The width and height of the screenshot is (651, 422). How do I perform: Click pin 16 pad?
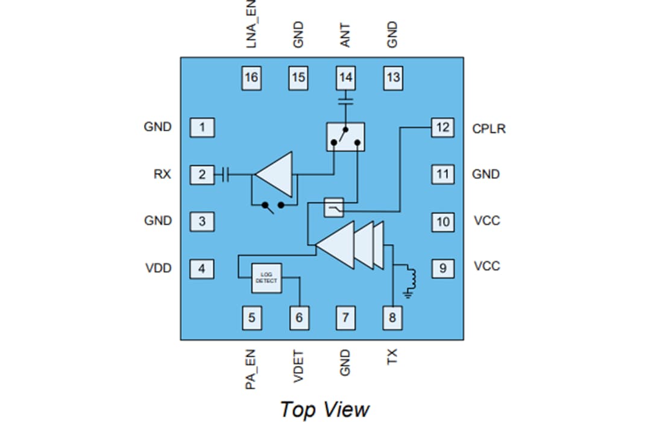(x=251, y=77)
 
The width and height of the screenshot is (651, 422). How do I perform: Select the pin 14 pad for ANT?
(x=346, y=77)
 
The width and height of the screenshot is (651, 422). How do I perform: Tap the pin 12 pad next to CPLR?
(x=442, y=128)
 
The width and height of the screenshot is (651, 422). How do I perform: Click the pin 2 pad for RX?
(x=202, y=175)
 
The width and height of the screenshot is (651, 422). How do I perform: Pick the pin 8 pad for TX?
(x=392, y=318)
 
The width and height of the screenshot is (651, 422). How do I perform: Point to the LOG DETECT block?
(x=266, y=278)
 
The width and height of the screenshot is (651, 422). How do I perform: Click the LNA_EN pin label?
(x=251, y=24)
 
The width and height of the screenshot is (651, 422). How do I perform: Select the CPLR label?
(x=489, y=128)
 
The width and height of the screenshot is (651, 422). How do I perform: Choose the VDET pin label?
(x=298, y=365)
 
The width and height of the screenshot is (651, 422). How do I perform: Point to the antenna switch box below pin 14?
(x=345, y=137)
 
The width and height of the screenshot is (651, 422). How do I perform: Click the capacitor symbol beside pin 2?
(x=225, y=175)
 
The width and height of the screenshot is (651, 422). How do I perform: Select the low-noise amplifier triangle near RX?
(x=276, y=175)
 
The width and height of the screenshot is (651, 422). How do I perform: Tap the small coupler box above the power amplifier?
(x=334, y=208)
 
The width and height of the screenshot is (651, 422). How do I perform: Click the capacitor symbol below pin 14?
(x=346, y=99)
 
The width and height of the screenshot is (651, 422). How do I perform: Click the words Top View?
(x=324, y=409)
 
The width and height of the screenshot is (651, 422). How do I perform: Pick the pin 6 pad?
(x=298, y=318)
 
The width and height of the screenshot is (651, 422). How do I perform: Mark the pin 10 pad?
(x=442, y=221)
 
